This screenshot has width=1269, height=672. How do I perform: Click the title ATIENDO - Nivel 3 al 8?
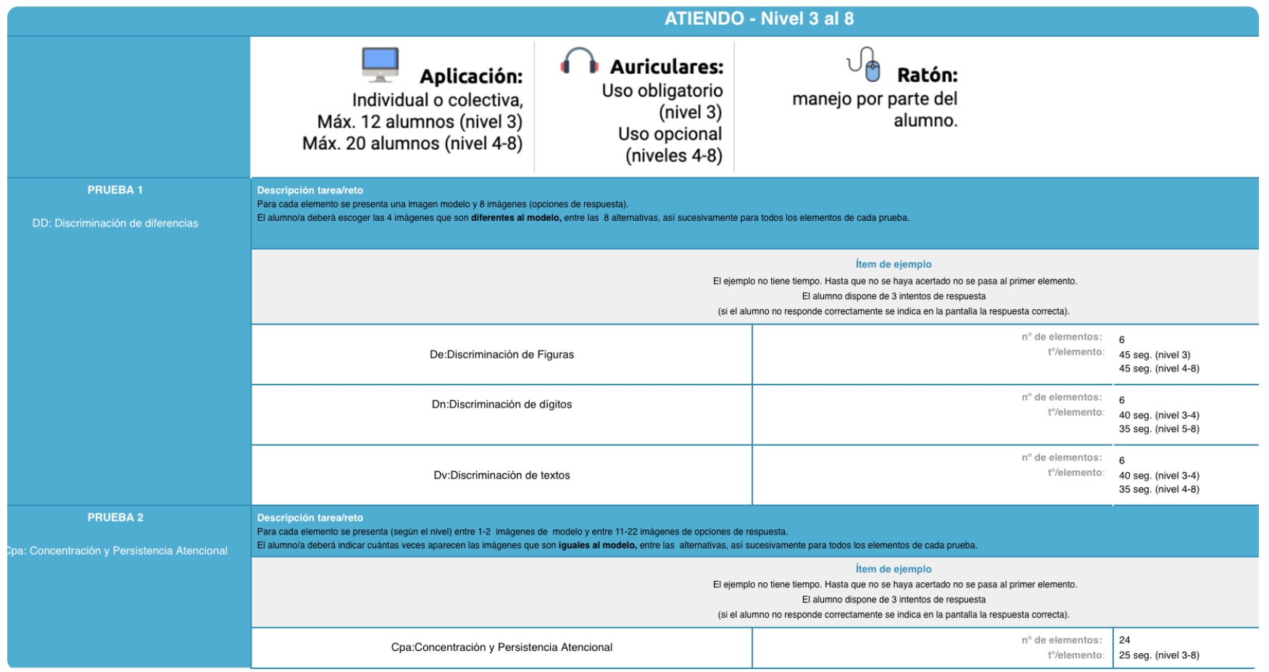tap(759, 19)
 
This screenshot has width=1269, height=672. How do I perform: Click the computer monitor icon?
tap(380, 64)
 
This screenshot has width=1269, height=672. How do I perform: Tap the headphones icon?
tap(579, 61)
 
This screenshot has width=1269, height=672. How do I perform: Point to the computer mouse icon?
tap(865, 64)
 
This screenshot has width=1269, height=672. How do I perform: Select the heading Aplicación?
tap(471, 77)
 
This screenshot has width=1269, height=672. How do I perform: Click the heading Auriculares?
tap(666, 67)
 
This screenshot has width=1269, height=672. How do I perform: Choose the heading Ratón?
tap(927, 75)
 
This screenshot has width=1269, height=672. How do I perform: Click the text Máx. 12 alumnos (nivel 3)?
tap(420, 122)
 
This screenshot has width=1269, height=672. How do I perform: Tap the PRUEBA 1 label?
tap(115, 190)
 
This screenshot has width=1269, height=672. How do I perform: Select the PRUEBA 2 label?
tap(115, 517)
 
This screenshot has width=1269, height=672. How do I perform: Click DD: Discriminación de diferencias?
tap(115, 223)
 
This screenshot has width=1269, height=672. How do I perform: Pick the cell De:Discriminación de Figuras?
tap(502, 354)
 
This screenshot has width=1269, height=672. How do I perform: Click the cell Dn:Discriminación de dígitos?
tap(502, 404)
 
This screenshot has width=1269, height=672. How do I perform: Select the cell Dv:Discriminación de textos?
tap(502, 475)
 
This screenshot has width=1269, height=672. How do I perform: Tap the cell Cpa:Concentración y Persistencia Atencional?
tap(502, 647)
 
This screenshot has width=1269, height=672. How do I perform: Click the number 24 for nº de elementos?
tap(1125, 640)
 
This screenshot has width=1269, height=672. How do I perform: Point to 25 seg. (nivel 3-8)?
tap(1159, 655)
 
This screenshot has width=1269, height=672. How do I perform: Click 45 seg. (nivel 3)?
tap(1154, 355)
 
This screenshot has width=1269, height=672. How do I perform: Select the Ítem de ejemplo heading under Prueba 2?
tap(894, 569)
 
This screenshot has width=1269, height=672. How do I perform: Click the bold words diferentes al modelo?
tap(516, 218)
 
